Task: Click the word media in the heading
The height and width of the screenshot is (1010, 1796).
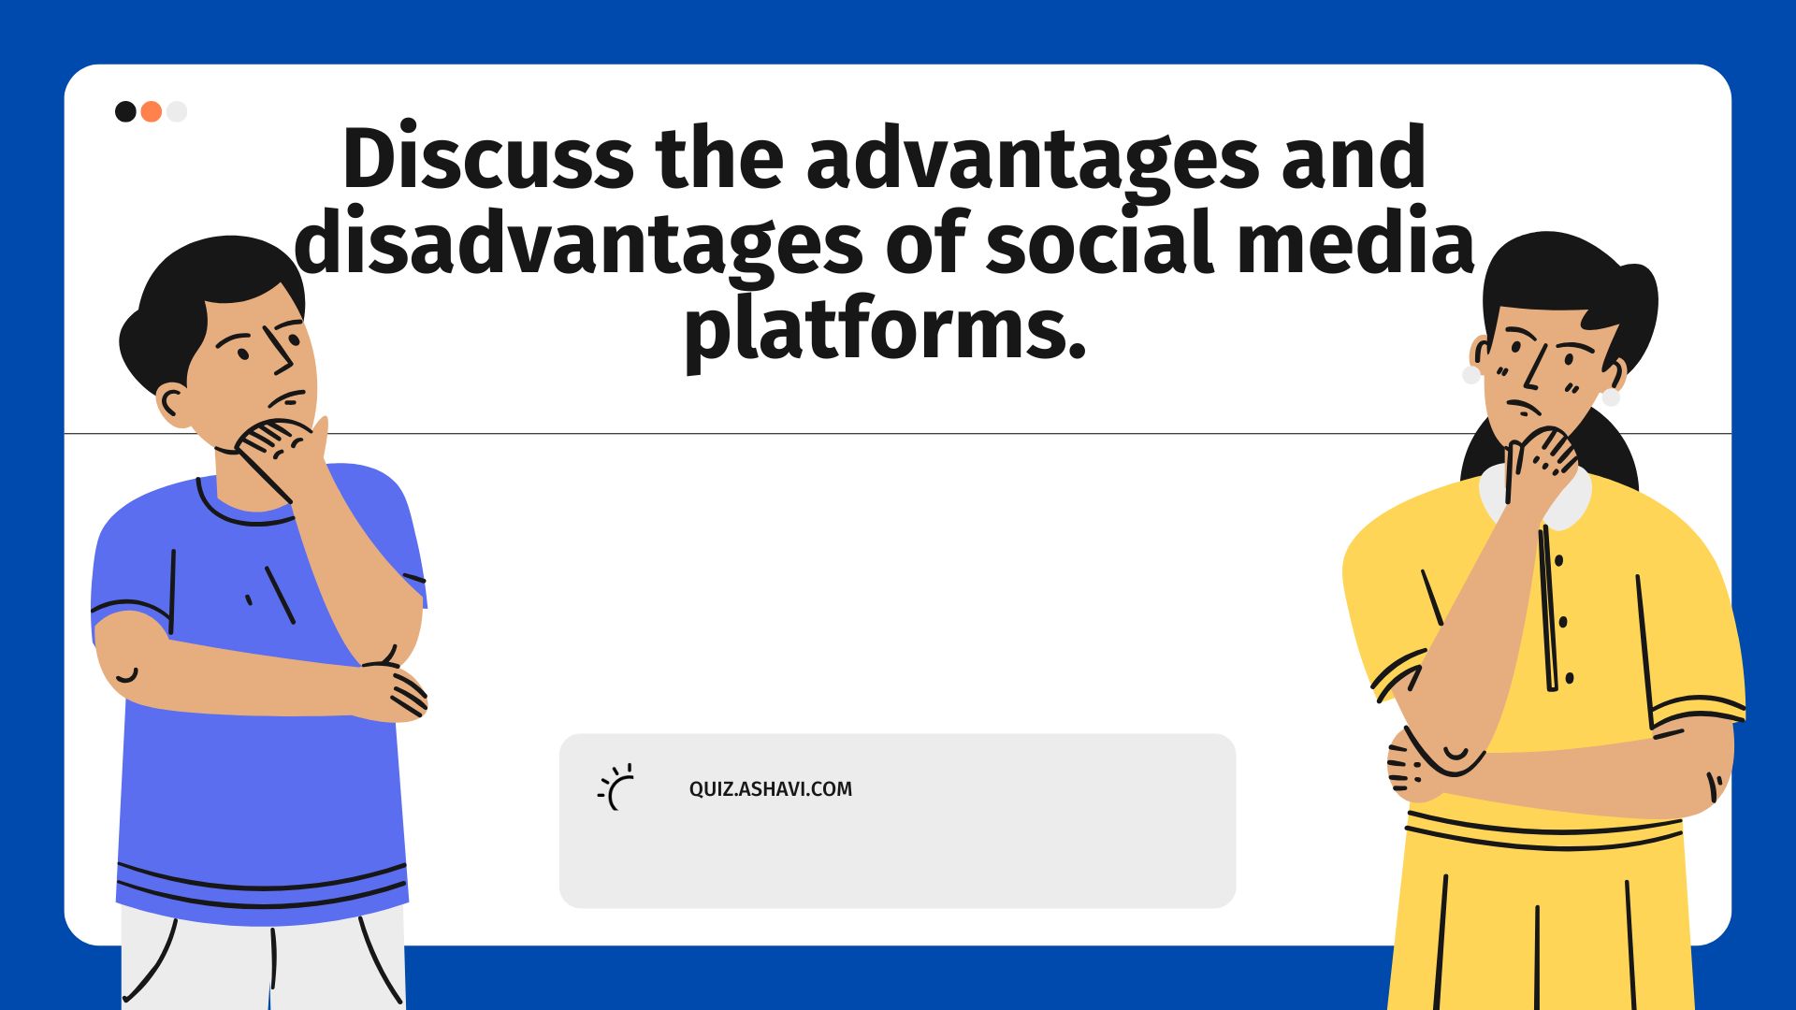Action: (x=1355, y=243)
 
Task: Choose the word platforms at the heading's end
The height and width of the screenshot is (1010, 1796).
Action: (x=884, y=329)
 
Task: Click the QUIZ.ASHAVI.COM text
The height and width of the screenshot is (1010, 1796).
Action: (x=770, y=789)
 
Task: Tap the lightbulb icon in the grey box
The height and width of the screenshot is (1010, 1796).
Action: (x=617, y=787)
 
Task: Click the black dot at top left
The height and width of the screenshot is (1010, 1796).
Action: (x=125, y=112)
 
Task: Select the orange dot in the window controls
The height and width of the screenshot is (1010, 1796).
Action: (x=152, y=112)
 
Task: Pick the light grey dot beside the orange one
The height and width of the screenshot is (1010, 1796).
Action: (x=177, y=112)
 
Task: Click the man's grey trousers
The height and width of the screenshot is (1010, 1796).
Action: (x=262, y=963)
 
